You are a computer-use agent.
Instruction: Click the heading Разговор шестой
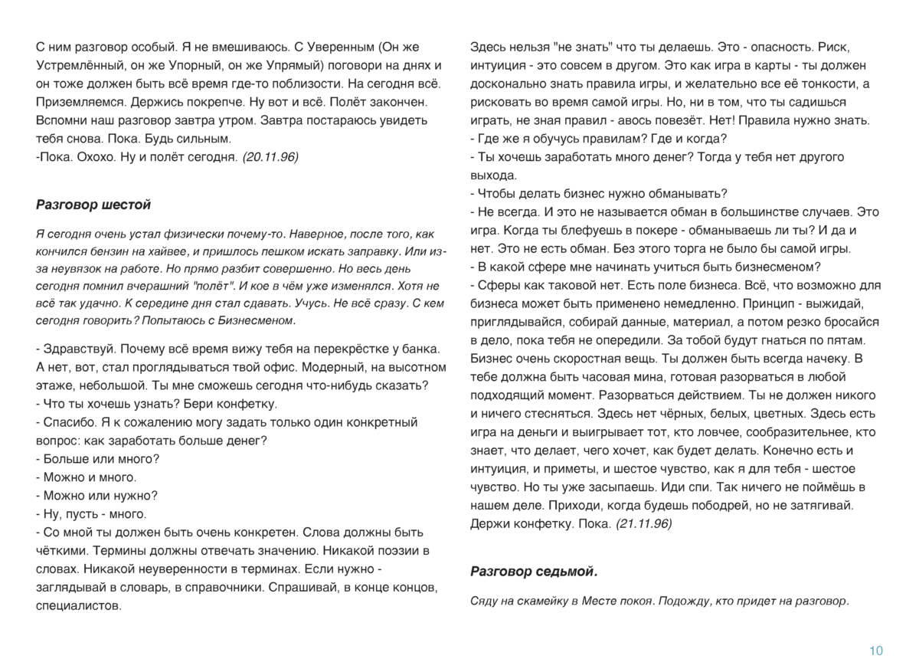93,205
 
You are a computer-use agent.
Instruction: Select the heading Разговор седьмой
533,572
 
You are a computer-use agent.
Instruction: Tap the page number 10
876,651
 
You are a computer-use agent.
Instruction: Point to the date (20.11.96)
270,157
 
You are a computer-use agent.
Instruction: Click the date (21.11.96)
644,524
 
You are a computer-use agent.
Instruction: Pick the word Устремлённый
73,65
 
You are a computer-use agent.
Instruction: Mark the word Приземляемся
80,102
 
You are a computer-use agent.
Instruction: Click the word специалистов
78,605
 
